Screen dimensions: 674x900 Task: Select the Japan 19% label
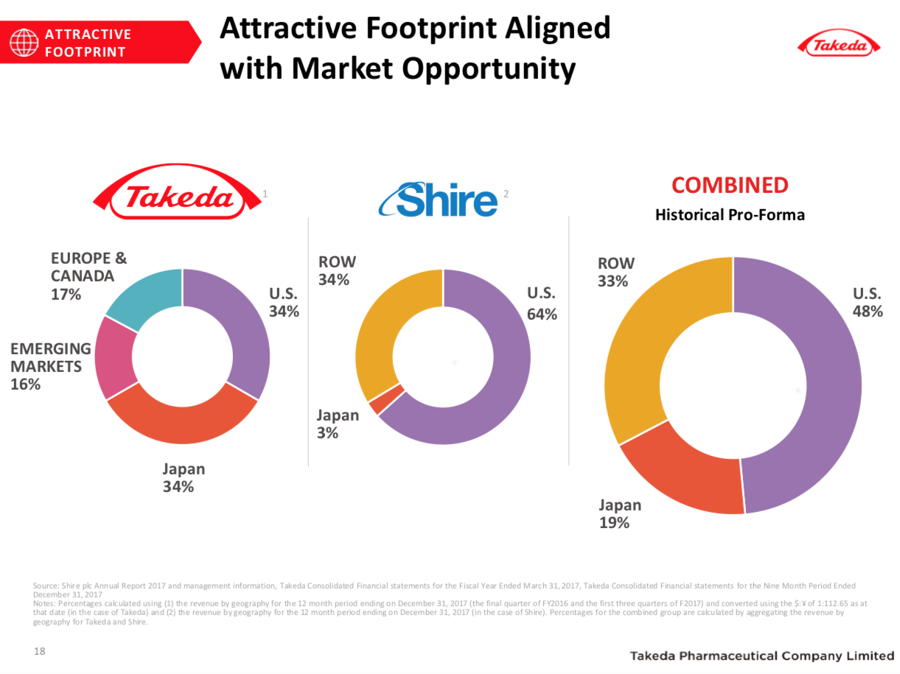[619, 513]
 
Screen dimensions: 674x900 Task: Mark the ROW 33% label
[615, 272]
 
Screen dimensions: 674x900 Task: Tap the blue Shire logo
[438, 199]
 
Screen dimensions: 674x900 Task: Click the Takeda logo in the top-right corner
[840, 45]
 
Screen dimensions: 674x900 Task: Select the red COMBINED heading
[730, 185]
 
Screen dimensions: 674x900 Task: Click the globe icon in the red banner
[24, 43]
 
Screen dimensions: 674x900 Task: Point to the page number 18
[40, 651]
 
